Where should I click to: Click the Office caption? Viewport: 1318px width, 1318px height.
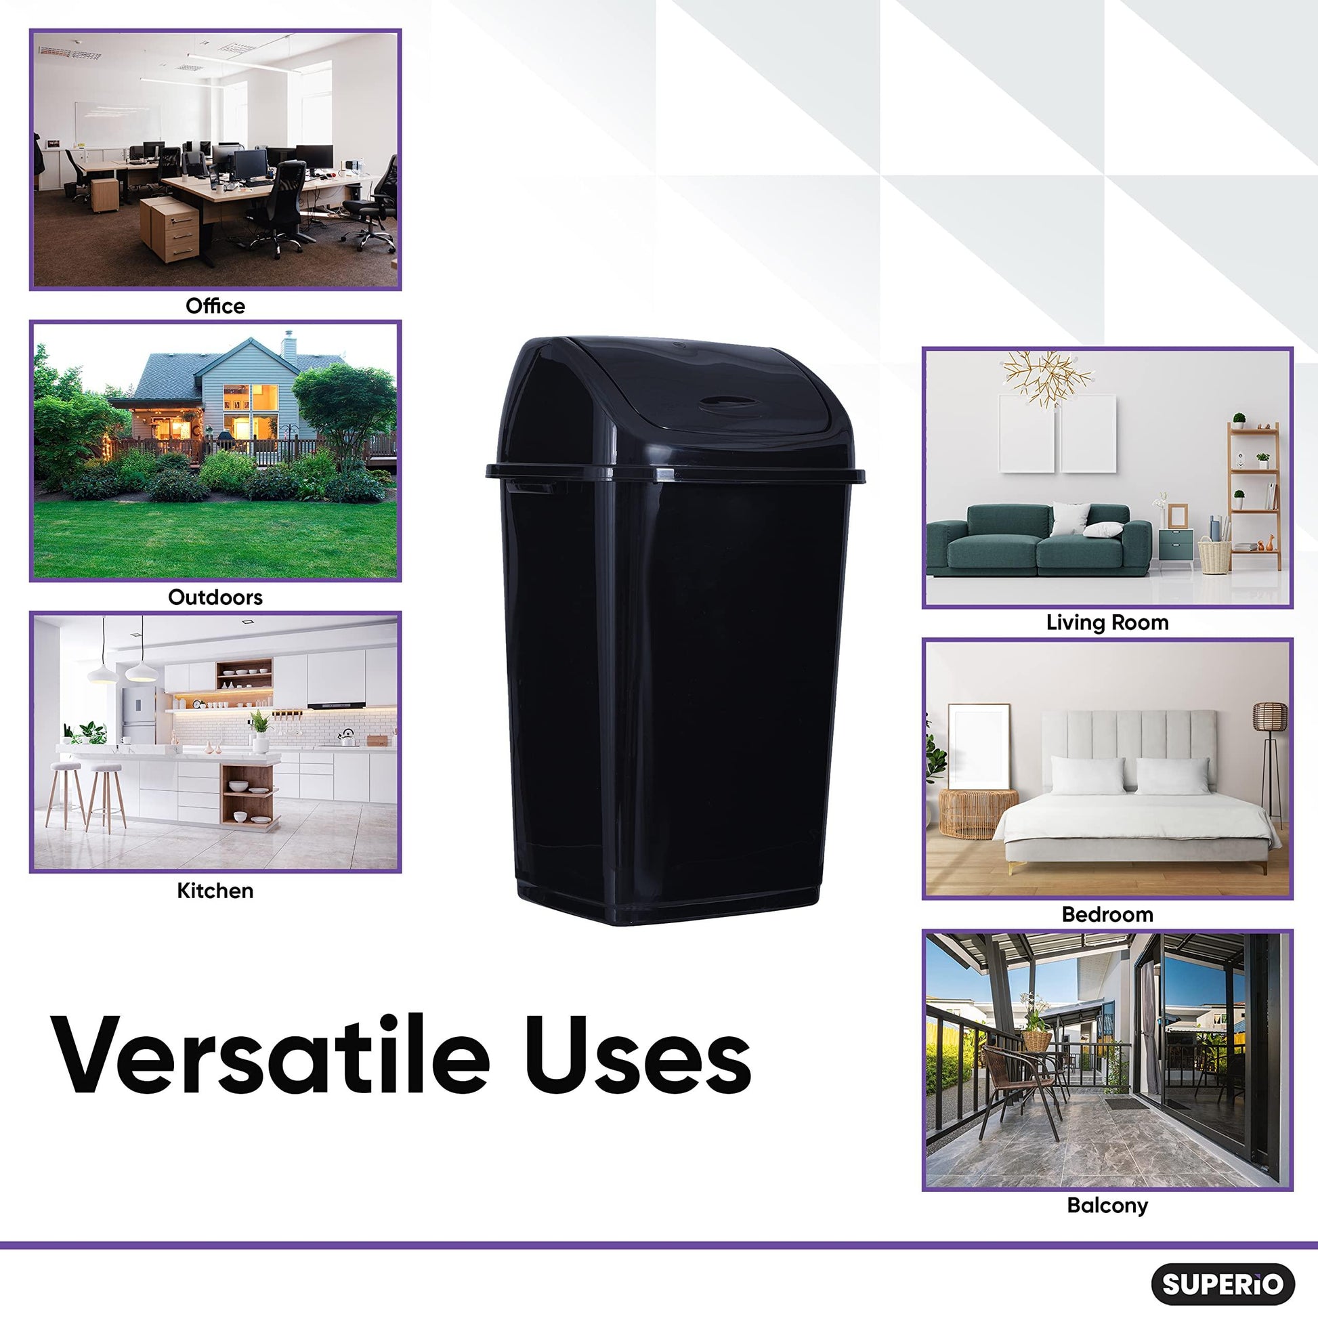tap(215, 306)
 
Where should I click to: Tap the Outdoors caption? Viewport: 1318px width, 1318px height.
tap(215, 597)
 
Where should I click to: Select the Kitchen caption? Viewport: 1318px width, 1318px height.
tap(215, 890)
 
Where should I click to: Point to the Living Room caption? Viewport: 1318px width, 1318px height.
tap(1107, 622)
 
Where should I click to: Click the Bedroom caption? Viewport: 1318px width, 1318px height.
tap(1107, 914)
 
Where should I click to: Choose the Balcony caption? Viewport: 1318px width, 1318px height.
tap(1107, 1206)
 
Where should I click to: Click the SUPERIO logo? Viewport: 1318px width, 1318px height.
tap(1223, 1284)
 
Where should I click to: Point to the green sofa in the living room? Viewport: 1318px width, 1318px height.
tap(1037, 539)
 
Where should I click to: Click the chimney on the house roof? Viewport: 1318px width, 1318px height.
tap(289, 347)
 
